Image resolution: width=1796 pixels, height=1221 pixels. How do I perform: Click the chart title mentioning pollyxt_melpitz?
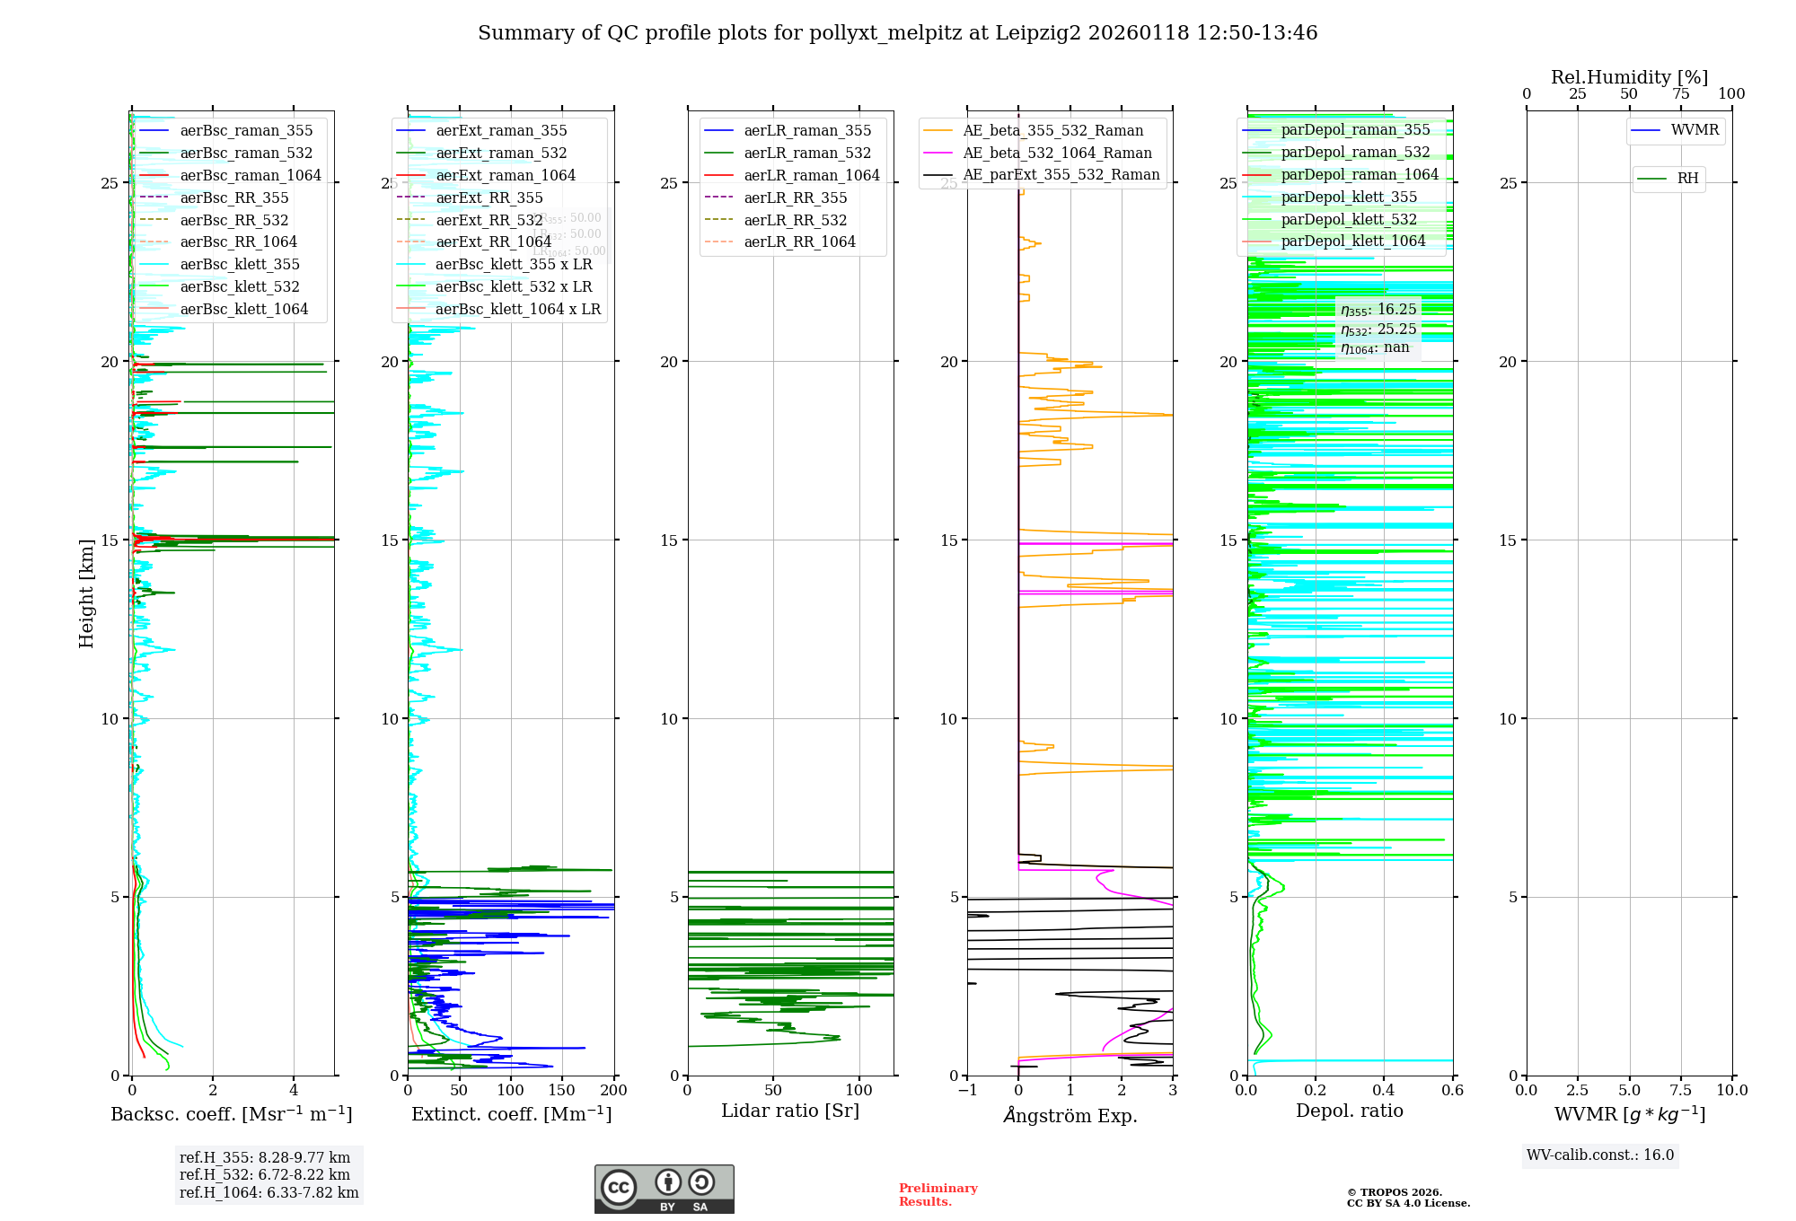point(897,33)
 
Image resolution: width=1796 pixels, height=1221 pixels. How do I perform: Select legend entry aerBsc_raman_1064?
point(250,176)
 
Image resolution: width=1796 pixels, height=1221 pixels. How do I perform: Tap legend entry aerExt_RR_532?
point(489,221)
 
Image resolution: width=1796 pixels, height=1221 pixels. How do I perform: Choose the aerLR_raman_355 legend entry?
point(806,131)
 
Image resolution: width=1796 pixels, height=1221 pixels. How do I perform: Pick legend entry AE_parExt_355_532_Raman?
point(1061,175)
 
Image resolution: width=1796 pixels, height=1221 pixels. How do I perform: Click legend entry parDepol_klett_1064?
point(1352,242)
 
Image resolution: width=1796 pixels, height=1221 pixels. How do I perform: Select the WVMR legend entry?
point(1694,131)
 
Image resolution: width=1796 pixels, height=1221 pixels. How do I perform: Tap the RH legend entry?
point(1687,179)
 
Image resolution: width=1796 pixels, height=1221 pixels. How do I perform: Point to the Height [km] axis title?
point(86,593)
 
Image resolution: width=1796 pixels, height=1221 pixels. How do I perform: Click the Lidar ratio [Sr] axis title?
point(790,1111)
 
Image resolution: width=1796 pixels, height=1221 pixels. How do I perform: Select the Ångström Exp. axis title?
point(1070,1116)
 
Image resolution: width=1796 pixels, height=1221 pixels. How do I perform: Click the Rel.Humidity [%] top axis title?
point(1629,77)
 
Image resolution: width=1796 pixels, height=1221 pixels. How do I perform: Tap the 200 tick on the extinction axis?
point(614,1091)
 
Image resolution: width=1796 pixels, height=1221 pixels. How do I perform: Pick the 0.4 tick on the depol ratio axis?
point(1384,1091)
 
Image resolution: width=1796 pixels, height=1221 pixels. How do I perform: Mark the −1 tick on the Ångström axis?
point(967,1091)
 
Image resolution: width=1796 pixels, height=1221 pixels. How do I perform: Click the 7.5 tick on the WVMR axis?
point(1680,1091)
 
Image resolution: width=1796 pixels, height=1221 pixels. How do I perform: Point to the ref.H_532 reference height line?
point(264,1174)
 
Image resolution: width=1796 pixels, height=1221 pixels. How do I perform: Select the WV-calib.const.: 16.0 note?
point(1600,1155)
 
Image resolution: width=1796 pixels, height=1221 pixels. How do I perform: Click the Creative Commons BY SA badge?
point(664,1189)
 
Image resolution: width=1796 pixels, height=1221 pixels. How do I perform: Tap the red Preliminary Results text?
point(938,1195)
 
